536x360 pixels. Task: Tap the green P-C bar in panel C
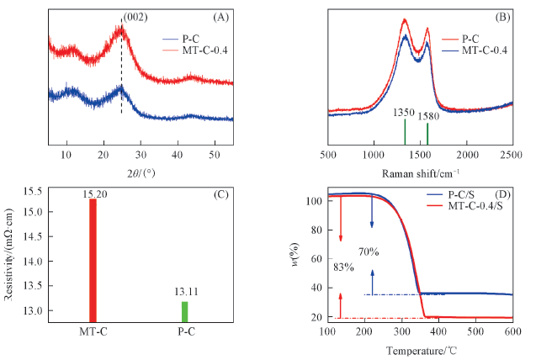pos(184,310)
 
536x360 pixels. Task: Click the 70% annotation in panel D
pos(369,252)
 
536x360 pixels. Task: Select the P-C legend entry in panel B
pos(471,38)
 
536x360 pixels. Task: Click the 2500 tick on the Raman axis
pos(512,156)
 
